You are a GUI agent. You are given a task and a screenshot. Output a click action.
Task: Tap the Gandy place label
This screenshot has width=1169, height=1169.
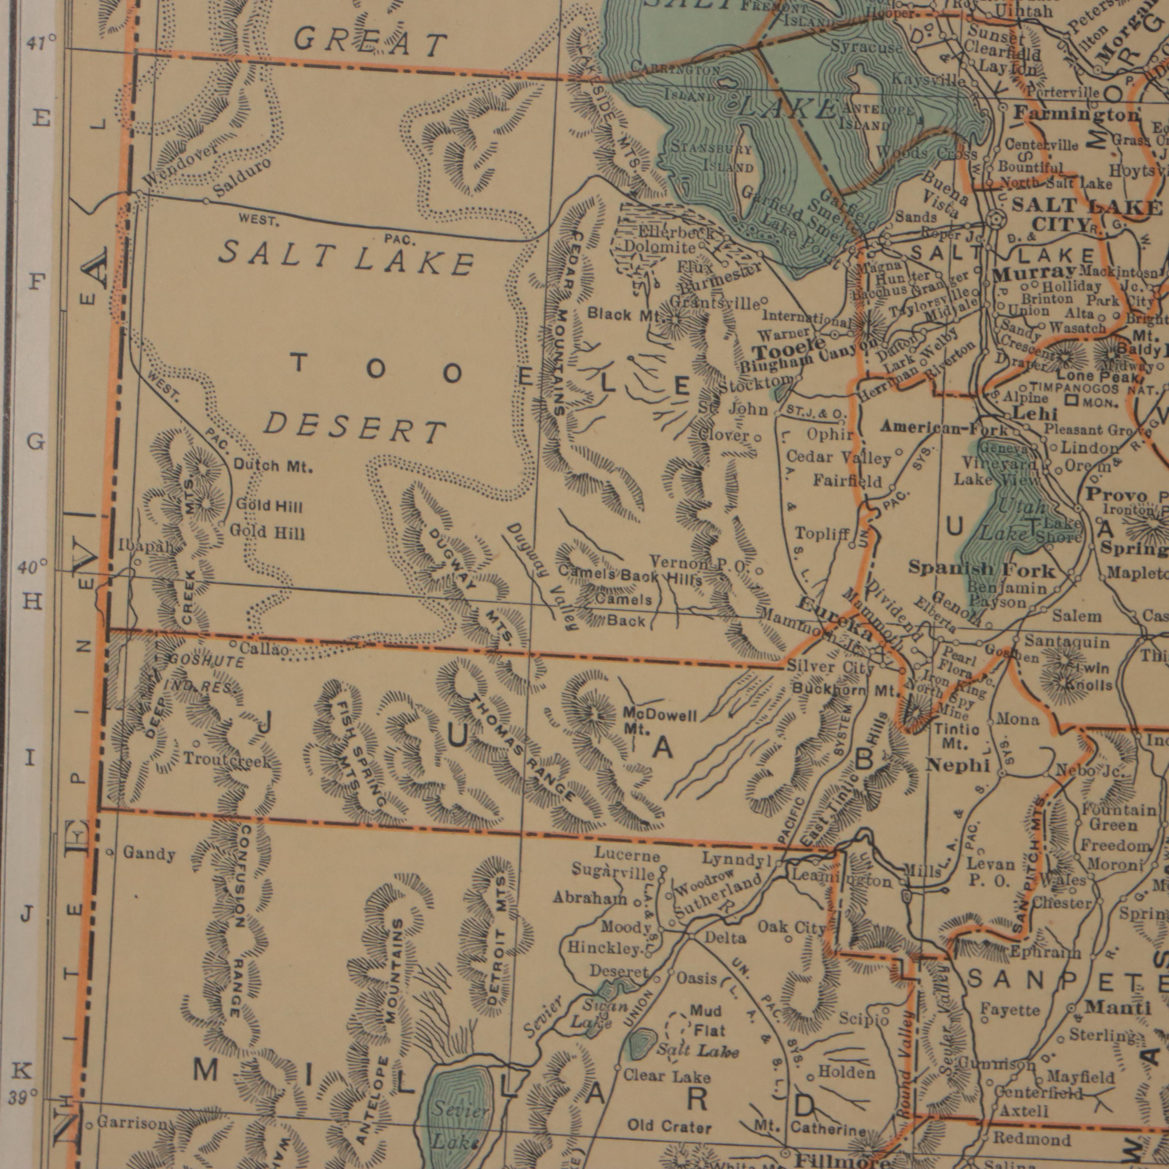click(149, 854)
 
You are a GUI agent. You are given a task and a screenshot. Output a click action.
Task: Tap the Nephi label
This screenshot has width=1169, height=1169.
click(958, 765)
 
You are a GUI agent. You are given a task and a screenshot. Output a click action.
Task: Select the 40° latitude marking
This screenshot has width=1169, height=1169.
click(32, 567)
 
